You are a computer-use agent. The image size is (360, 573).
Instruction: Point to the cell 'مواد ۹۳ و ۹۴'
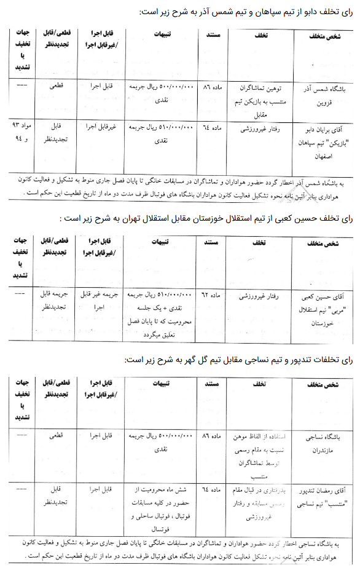pos(20,132)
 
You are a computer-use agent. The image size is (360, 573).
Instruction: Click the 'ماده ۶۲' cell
pos(214,298)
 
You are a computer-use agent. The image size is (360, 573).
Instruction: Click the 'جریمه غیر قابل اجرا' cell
pos(98,302)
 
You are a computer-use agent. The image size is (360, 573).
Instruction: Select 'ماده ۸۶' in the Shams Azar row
pos(214,89)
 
